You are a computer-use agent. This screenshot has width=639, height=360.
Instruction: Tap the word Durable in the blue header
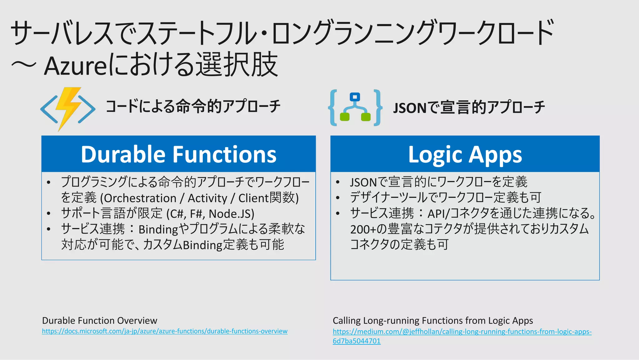point(123,154)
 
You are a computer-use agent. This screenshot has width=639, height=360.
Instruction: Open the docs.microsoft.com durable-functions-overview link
point(165,331)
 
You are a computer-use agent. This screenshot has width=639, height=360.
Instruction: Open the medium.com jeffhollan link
point(462,332)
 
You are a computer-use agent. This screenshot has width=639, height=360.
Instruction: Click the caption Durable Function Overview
point(100,321)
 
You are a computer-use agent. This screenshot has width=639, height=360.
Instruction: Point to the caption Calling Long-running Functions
point(433,321)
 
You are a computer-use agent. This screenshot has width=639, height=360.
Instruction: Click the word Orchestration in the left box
point(140,198)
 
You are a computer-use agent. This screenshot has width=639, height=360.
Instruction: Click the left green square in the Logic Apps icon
point(344,117)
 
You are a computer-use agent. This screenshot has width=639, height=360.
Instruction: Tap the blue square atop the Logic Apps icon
point(355,97)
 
